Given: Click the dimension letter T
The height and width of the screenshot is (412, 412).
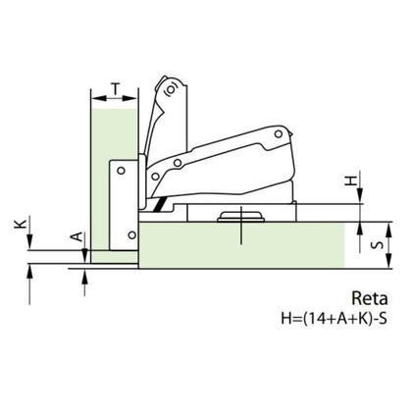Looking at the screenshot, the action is point(115,88).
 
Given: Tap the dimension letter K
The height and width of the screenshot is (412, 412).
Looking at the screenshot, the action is point(21,224).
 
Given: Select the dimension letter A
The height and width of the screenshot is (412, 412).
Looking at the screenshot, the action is point(77,236).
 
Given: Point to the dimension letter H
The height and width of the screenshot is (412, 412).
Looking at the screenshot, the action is point(351,180).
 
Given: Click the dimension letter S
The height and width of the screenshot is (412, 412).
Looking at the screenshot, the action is point(379,245).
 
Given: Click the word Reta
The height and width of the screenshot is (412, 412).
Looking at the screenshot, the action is point(370,298).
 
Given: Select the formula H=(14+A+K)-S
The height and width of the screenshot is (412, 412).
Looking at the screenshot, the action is point(335,318).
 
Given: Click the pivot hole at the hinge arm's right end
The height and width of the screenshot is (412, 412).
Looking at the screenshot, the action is point(279,133).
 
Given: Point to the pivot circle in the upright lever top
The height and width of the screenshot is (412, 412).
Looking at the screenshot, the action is point(171,89).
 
